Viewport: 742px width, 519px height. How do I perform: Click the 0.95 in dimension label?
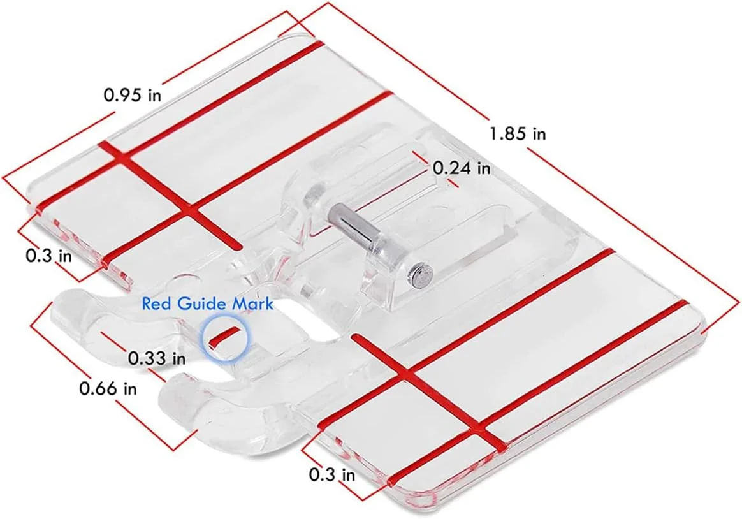coord(133,94)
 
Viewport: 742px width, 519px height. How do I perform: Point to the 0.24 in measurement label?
coord(462,168)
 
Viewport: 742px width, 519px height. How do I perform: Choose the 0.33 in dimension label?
coord(157,358)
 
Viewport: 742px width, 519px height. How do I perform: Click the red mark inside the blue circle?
coord(223,335)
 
